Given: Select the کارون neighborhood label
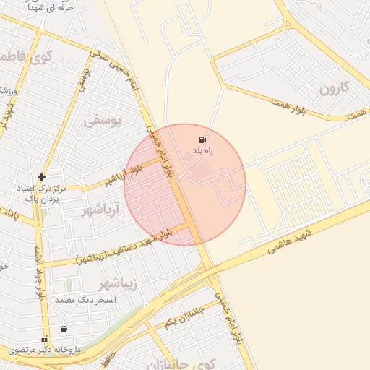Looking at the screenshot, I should point(335,89).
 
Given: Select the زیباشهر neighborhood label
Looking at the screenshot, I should point(117,283).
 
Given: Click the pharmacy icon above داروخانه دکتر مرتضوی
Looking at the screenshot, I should point(45,340).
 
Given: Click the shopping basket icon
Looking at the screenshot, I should point(64,330).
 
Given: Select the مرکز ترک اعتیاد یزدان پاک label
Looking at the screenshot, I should point(42,192).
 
